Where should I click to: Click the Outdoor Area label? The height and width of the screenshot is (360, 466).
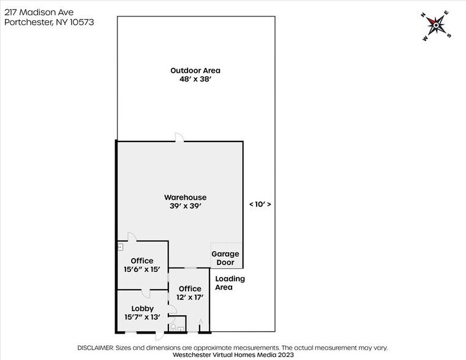pos(195,70)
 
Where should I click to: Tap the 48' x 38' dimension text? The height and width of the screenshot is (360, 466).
pos(195,79)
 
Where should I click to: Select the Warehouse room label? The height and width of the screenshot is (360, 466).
pos(185,197)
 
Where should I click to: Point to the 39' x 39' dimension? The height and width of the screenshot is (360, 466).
pos(186,206)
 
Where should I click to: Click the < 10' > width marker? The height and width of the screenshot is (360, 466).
pos(260,204)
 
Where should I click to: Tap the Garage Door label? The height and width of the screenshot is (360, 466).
pos(225,258)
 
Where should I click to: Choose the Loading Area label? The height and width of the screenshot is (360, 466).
pos(230,283)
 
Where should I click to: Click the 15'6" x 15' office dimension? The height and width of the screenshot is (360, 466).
pos(142,269)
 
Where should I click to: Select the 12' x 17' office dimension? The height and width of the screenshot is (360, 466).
pos(190,297)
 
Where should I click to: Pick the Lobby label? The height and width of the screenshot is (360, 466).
pos(142,309)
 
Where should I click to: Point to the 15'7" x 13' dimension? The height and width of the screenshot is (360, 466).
pos(142,317)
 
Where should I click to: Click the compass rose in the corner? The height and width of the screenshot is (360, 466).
pos(435,26)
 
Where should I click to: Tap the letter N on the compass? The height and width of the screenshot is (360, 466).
pos(423,15)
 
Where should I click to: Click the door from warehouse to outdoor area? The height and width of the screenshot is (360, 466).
pos(179,138)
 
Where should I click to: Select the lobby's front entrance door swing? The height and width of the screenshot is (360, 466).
pos(160,336)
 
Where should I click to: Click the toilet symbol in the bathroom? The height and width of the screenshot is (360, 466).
pos(173,328)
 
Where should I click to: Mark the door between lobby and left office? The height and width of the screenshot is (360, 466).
pos(146,293)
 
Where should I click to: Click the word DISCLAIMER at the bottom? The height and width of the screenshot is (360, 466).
pos(96,348)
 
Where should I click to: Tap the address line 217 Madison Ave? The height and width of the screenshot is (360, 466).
pos(39,12)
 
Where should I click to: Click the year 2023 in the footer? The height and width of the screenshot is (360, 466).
pos(285,354)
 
